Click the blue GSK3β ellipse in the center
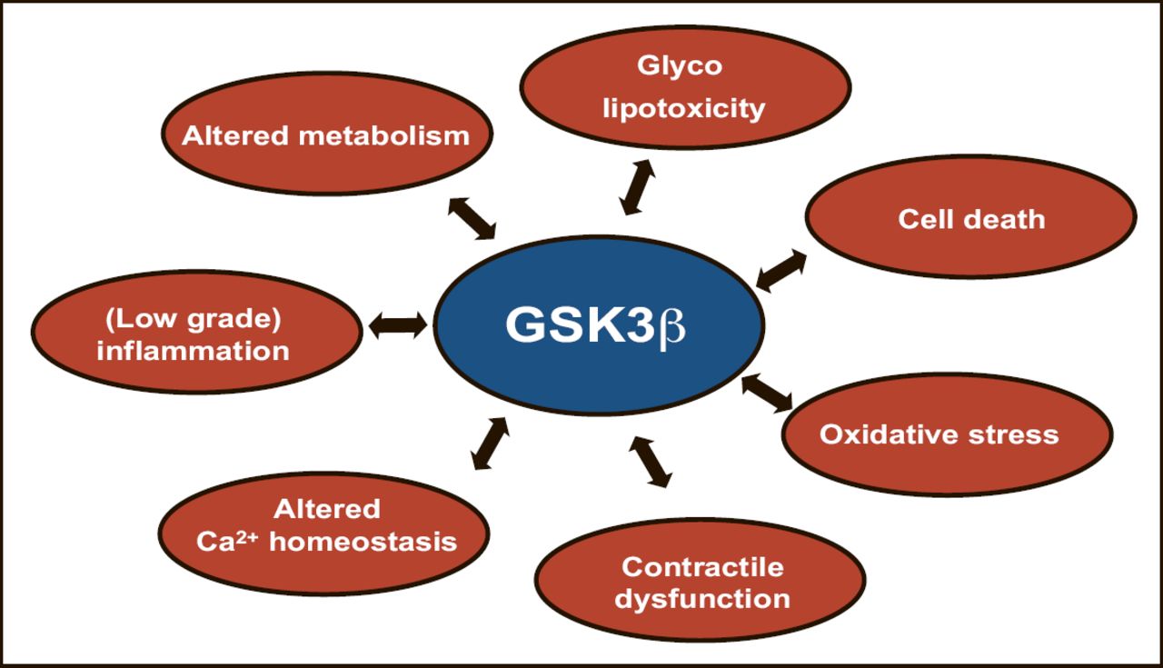[x=595, y=325]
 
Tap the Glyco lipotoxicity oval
[x=685, y=87]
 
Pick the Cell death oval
[x=970, y=217]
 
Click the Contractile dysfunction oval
[x=700, y=581]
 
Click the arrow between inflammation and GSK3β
[x=397, y=324]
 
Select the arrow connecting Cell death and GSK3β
[x=780, y=270]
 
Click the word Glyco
[x=680, y=65]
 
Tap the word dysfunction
[x=702, y=599]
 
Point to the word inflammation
[x=193, y=350]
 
